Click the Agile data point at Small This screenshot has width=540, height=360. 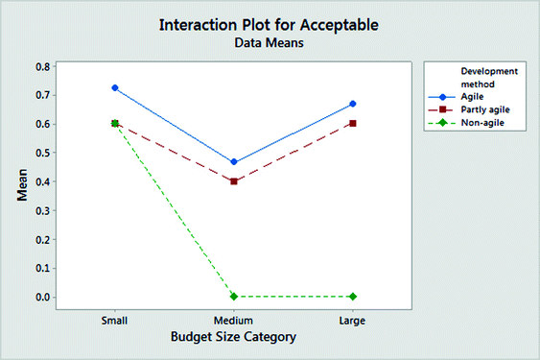pyautogui.click(x=115, y=87)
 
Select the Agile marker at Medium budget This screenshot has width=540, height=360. pyautogui.click(x=233, y=162)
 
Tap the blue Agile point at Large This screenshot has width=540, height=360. pyautogui.click(x=351, y=104)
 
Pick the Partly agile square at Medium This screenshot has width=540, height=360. pyautogui.click(x=233, y=181)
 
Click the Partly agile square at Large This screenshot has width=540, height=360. pyautogui.click(x=351, y=123)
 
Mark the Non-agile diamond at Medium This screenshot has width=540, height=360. pyautogui.click(x=233, y=297)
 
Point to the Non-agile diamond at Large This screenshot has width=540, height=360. pyautogui.click(x=351, y=297)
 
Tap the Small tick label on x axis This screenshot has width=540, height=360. pyautogui.click(x=115, y=320)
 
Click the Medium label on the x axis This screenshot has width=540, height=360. pyautogui.click(x=233, y=320)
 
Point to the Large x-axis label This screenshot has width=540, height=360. pyautogui.click(x=351, y=320)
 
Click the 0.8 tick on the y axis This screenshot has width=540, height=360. pyautogui.click(x=42, y=66)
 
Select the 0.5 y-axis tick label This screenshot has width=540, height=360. pyautogui.click(x=42, y=153)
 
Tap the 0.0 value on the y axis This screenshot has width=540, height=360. pyautogui.click(x=42, y=297)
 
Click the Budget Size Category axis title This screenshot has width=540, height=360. pyautogui.click(x=233, y=337)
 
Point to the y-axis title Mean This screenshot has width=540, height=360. pyautogui.click(x=21, y=182)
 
